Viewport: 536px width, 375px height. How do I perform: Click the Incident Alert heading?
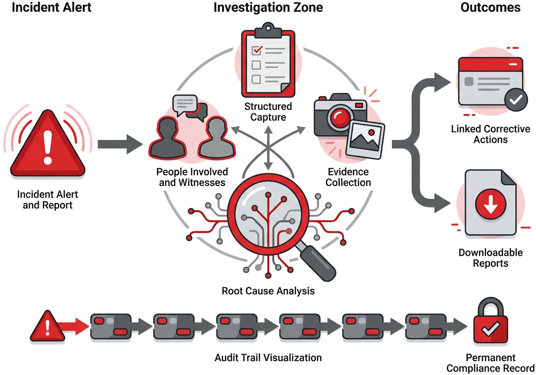tap(45, 8)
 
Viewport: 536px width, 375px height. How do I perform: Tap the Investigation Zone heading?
tap(268, 8)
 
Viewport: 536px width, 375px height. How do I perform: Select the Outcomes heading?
tap(490, 8)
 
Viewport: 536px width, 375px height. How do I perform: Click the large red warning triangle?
tap(47, 146)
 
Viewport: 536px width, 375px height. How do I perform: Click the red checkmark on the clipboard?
tap(257, 49)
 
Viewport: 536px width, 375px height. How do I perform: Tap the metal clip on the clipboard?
tap(267, 29)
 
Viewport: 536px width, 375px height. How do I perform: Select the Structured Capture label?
tap(268, 112)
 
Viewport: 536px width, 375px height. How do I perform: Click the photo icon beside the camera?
tap(366, 139)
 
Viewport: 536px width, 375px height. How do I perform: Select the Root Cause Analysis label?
tap(268, 291)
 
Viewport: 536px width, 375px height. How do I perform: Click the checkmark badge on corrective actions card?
tap(516, 100)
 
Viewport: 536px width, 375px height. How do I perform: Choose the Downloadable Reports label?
tap(491, 258)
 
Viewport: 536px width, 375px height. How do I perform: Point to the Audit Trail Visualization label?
tap(268, 357)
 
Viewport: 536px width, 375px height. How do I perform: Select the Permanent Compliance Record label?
tap(490, 363)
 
